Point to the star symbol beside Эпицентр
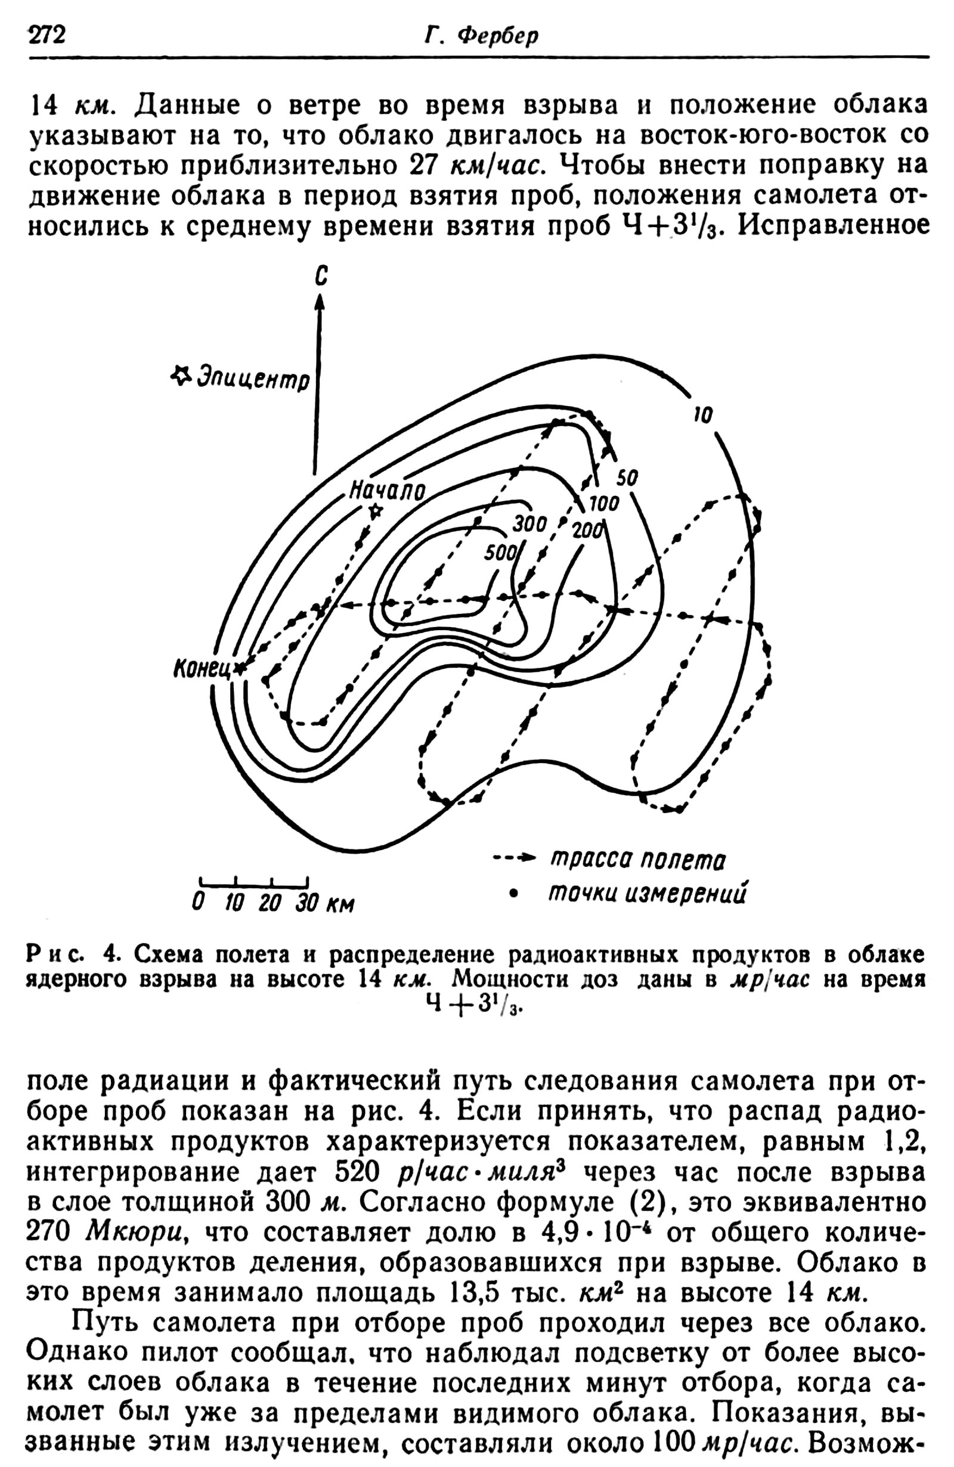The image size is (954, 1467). [x=180, y=375]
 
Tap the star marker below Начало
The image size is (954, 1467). [x=375, y=510]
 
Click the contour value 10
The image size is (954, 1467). [x=703, y=415]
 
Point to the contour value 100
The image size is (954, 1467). [x=603, y=504]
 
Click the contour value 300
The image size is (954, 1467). [x=529, y=524]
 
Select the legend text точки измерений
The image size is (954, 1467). [x=648, y=892]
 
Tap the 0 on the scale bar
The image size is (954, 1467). [x=198, y=903]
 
